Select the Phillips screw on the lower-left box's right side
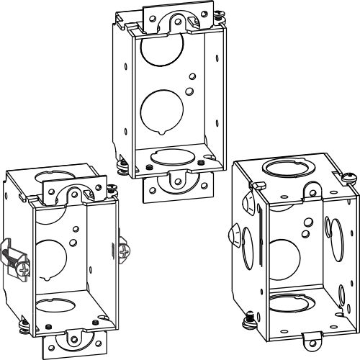(127, 252)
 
